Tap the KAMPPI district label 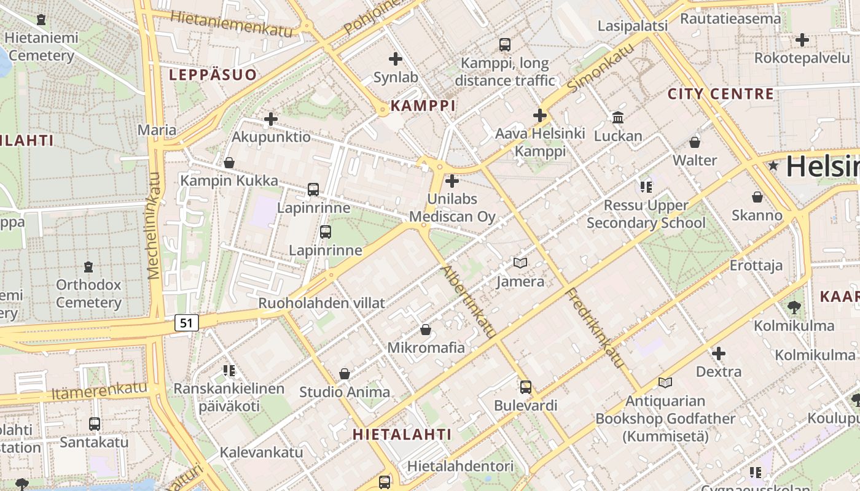tap(423, 106)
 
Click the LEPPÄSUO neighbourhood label tap(213, 75)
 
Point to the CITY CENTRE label tap(721, 94)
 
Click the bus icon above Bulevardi tap(525, 387)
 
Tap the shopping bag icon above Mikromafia tap(425, 330)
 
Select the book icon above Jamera tap(520, 263)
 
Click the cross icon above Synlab tap(396, 59)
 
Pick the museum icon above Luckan tap(618, 117)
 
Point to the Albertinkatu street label tap(469, 301)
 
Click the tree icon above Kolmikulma tap(794, 307)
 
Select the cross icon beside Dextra tap(719, 354)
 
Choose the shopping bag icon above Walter tap(695, 142)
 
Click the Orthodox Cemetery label tap(88, 293)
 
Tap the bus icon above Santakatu tap(95, 423)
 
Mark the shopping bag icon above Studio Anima tap(345, 374)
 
